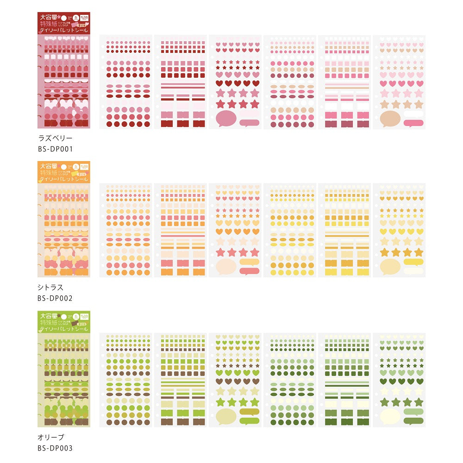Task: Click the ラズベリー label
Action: pos(55,138)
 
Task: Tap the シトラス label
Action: pos(50,288)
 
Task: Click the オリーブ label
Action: pos(50,437)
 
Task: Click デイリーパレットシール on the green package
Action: pos(63,329)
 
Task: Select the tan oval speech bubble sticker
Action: pos(390,119)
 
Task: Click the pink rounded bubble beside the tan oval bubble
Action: pos(413,123)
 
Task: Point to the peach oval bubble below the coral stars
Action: pos(226,267)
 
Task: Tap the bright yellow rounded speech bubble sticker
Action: pos(413,262)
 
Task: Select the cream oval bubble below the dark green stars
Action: pos(390,416)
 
